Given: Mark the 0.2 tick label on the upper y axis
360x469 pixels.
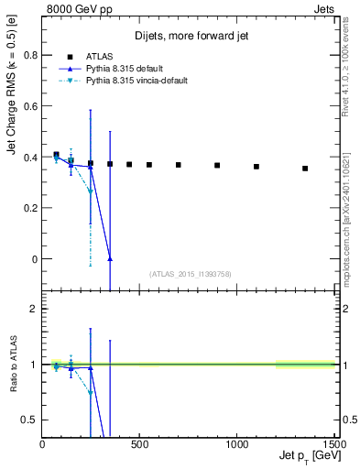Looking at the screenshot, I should click(x=29, y=208).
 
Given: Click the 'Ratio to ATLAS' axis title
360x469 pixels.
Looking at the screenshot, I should click(x=11, y=365).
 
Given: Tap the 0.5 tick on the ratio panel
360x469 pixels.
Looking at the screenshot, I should click(x=29, y=420).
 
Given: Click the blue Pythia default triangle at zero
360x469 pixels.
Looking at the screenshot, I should click(x=110, y=259).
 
